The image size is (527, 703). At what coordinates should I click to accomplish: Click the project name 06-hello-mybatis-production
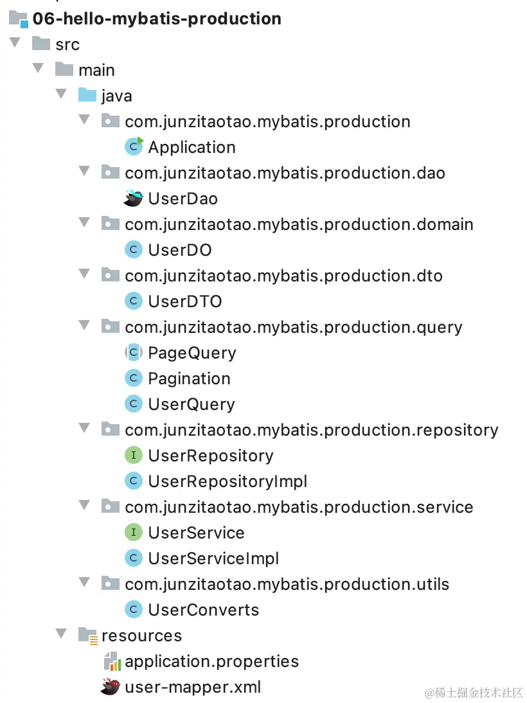pos(157,19)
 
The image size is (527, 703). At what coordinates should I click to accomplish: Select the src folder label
pos(67,44)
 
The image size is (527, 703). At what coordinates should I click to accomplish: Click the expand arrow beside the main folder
pos(39,69)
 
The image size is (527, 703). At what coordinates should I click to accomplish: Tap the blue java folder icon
pos(87,96)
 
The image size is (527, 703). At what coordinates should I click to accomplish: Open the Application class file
pos(192,147)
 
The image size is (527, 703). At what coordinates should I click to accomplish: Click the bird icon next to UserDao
pos(133,199)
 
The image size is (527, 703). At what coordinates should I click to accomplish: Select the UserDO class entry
pos(179,250)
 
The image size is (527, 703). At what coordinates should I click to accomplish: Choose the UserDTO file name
pos(184,301)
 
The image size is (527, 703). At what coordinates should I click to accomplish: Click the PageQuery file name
pos(192,353)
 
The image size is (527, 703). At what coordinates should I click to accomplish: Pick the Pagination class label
pos(189,378)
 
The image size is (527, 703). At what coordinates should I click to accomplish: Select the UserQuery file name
pos(191,404)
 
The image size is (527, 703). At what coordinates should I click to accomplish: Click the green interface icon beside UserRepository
pos(133,456)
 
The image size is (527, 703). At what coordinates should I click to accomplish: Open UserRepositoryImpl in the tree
pos(228,481)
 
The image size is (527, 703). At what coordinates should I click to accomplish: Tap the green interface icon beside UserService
pos(133,533)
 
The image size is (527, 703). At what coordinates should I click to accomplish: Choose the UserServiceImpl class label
pos(213,558)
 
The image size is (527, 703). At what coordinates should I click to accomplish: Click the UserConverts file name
pos(203,610)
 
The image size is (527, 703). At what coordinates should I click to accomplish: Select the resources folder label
pos(141,636)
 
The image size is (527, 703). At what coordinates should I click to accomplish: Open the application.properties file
pos(211,661)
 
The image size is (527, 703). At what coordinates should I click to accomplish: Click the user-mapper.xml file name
pos(193,687)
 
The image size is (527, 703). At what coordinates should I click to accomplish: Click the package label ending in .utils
pos(287,584)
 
